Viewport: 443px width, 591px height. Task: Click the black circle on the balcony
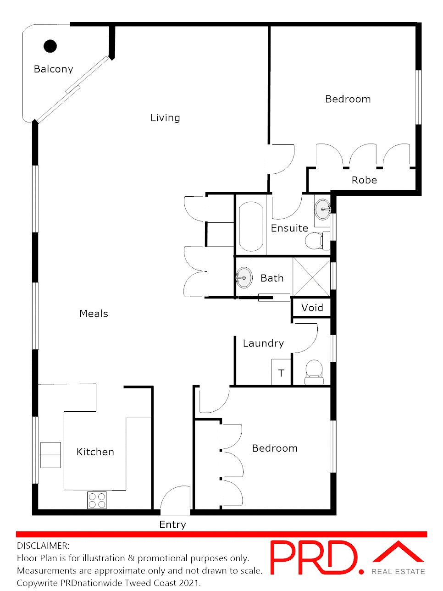tap(50, 46)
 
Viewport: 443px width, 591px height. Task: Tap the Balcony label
tap(53, 69)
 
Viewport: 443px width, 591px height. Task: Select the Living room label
tap(165, 118)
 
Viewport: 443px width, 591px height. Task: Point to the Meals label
tap(94, 314)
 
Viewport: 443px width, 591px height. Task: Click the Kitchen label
tap(95, 452)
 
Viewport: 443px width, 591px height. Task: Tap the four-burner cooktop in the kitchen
tap(97, 500)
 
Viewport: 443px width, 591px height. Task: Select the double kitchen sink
tap(50, 455)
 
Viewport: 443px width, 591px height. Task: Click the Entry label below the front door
tap(172, 525)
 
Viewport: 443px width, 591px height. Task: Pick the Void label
tap(312, 308)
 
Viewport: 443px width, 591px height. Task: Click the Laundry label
tap(263, 343)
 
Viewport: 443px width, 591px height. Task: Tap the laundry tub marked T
tap(281, 373)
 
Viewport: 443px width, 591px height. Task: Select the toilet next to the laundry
tap(314, 372)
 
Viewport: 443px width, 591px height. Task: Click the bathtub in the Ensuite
tap(251, 226)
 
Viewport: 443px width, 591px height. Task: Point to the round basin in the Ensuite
tap(323, 209)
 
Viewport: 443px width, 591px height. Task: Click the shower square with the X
tap(311, 277)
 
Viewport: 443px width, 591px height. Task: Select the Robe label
tap(364, 180)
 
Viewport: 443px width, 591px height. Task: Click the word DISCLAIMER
tap(43, 546)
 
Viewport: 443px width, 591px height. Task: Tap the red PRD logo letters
tap(314, 558)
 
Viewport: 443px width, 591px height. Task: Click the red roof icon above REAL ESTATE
tap(398, 552)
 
